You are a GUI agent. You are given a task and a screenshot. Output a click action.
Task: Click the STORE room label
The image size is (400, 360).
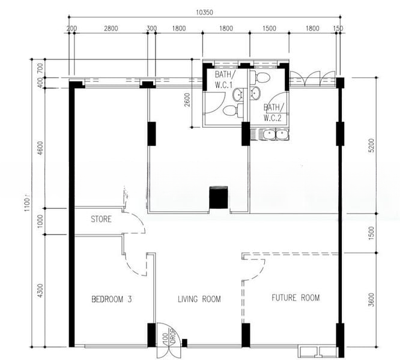[102, 219]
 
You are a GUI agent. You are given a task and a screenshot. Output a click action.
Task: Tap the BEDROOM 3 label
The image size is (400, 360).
[112, 299]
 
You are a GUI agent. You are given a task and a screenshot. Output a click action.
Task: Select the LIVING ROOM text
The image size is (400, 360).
[199, 299]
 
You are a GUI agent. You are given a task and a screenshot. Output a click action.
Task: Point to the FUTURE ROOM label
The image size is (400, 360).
[295, 298]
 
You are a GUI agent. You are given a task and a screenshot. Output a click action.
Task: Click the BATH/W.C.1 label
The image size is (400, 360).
[223, 80]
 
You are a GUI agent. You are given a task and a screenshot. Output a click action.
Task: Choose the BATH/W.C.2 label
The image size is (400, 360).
[273, 112]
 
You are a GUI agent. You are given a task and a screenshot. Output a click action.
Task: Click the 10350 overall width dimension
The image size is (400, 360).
[204, 12]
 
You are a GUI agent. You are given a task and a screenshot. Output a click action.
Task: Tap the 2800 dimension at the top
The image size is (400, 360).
[111, 28]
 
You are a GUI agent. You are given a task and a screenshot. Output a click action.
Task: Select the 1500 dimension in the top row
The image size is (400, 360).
[270, 28]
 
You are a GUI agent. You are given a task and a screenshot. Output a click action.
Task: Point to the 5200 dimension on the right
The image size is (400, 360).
[371, 145]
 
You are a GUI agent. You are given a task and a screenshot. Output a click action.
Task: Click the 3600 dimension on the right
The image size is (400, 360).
[371, 300]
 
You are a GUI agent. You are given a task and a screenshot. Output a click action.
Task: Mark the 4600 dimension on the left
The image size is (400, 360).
[40, 148]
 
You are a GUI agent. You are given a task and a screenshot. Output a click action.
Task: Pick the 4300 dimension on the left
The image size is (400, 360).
[40, 291]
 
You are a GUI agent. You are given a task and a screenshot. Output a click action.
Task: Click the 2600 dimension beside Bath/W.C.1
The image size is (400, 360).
[187, 100]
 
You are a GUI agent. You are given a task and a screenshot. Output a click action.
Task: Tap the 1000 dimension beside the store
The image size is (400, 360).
[40, 221]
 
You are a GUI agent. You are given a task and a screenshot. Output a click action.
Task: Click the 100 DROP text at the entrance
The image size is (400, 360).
[169, 338]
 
